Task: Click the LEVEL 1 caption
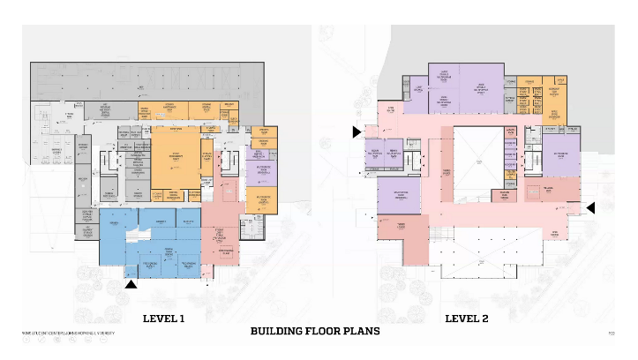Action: pos(163,318)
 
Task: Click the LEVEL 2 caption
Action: pos(467,318)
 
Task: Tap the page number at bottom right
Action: pos(612,333)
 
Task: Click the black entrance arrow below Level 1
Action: pos(131,284)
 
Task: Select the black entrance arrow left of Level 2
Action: pos(357,132)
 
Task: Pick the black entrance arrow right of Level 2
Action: pos(591,207)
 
